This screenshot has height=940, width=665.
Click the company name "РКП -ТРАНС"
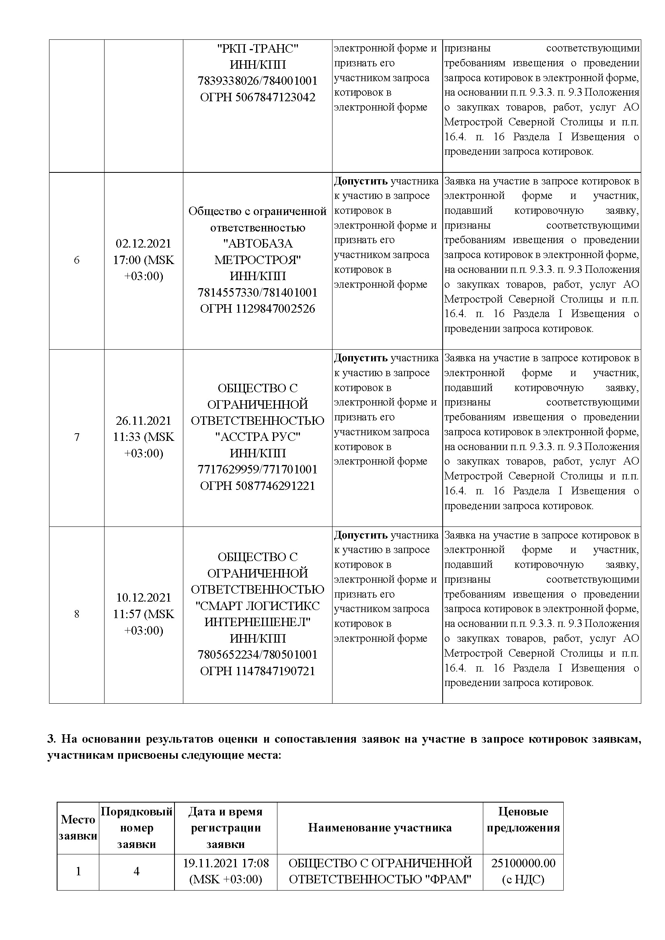(x=258, y=49)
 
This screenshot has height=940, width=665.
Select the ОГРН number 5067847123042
(x=258, y=97)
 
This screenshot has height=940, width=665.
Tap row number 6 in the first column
(x=76, y=260)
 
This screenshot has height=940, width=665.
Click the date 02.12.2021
(x=143, y=244)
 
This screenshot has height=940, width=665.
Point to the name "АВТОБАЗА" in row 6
(x=258, y=244)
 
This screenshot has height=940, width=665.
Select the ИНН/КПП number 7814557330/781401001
(x=258, y=292)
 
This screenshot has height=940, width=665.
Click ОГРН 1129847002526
(x=258, y=309)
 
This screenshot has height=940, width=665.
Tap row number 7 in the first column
(x=76, y=437)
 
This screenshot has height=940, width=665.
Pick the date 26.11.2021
(x=143, y=421)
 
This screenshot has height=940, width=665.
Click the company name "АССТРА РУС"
(x=258, y=437)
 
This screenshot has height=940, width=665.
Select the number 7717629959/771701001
(x=258, y=469)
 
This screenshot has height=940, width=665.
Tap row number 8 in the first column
(x=76, y=614)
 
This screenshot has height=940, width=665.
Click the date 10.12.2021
(x=143, y=598)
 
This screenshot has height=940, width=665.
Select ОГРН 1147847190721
(x=258, y=671)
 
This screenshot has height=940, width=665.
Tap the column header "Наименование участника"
(x=380, y=828)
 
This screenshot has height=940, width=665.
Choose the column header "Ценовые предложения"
(x=523, y=819)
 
